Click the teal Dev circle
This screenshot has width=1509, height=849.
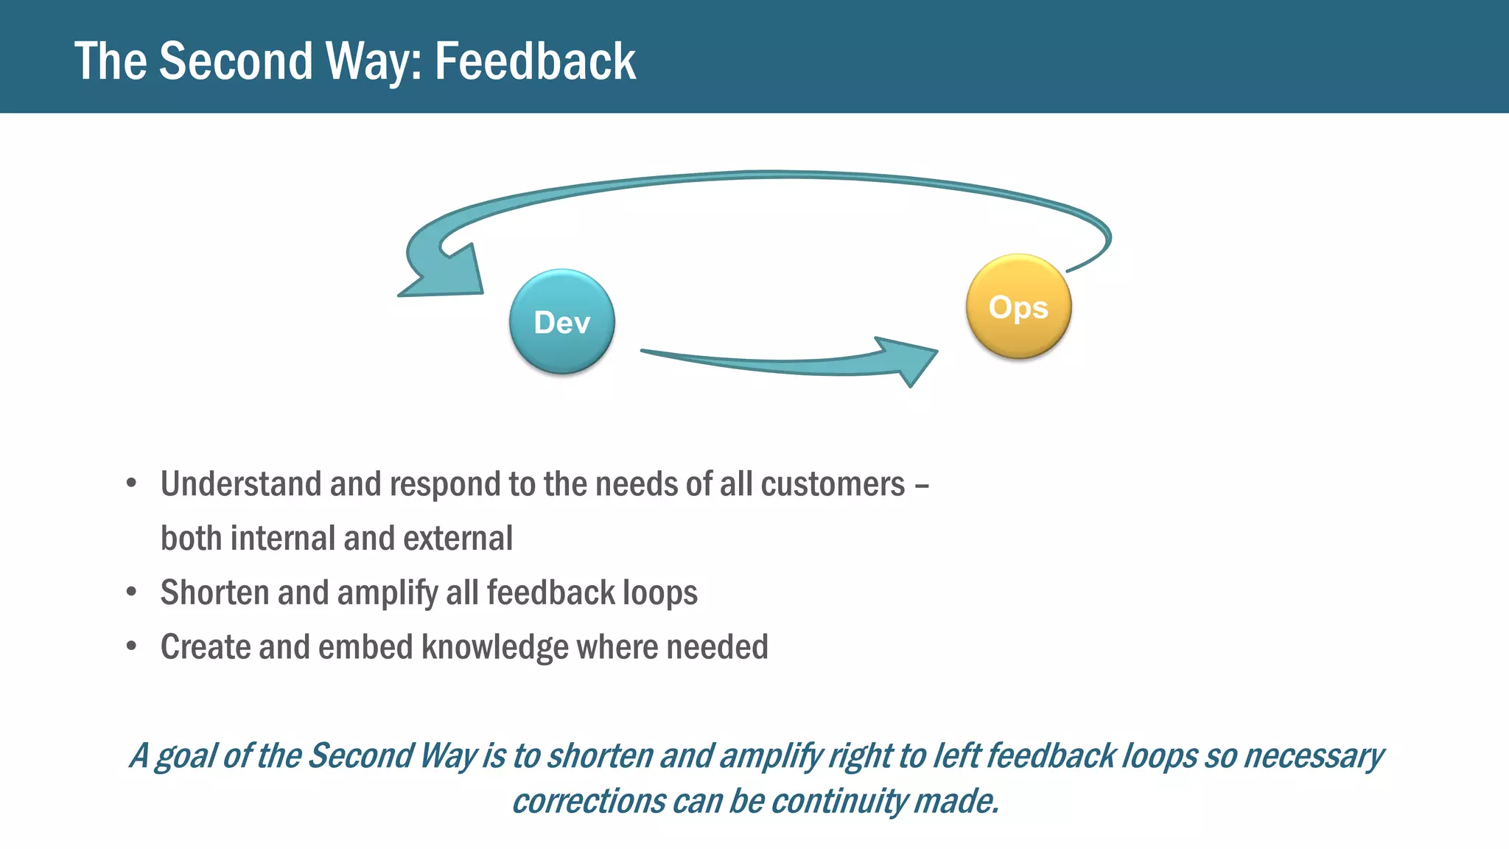click(562, 322)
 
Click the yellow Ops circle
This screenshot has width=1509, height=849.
click(1018, 307)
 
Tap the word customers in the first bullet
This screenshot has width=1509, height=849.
click(833, 484)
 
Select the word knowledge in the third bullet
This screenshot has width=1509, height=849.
click(494, 647)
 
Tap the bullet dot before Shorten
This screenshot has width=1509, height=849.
click(132, 592)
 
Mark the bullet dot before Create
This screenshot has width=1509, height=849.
click(132, 646)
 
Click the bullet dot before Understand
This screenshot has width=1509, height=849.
click(132, 483)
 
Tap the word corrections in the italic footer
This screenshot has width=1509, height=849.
click(588, 801)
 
